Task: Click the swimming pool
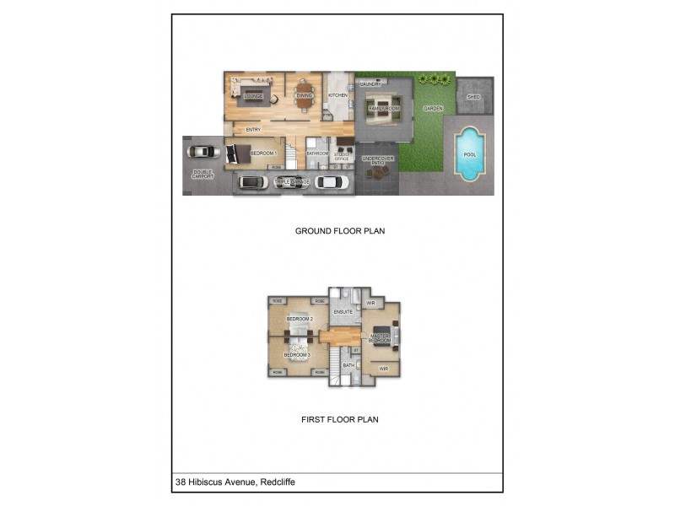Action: pos(470,153)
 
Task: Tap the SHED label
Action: pos(474,97)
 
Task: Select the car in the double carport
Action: pos(202,153)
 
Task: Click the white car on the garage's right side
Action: pos(331,181)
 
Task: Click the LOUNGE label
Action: pos(253,96)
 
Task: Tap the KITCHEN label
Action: pos(337,95)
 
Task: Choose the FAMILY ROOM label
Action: pos(383,109)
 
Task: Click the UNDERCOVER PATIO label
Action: pos(378,160)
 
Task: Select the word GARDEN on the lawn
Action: pos(433,109)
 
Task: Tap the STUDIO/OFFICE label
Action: pos(342,156)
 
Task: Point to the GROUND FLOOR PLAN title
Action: pos(340,230)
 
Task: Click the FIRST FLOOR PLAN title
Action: pos(339,418)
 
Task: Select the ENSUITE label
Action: pos(343,312)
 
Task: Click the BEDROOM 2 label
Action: pos(300,319)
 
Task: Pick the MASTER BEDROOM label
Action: pos(379,338)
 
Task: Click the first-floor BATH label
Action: pos(348,365)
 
